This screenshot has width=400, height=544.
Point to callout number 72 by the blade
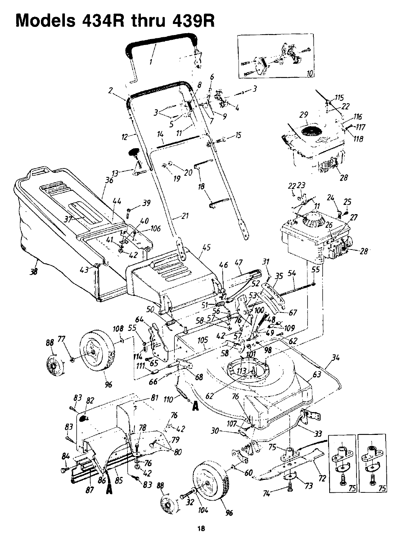point(323,479)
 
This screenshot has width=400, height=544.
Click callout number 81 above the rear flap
point(154,398)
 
